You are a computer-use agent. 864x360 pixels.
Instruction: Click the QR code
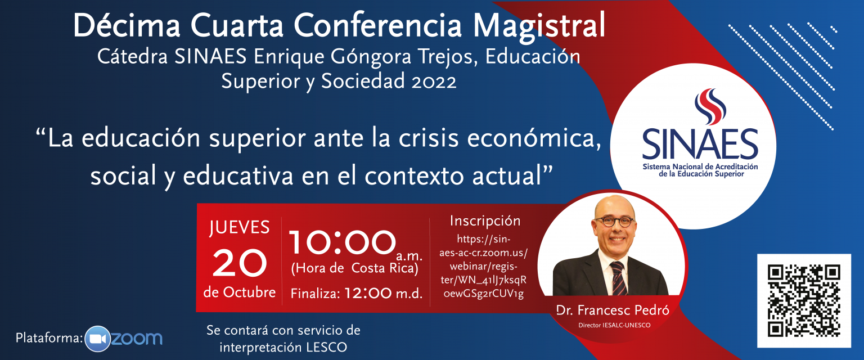click(804, 300)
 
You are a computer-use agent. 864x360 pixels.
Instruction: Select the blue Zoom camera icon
click(98, 339)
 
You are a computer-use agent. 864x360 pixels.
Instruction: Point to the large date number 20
click(240, 263)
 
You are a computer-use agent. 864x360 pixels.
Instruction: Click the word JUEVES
click(239, 228)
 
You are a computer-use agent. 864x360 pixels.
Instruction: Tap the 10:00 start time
click(343, 242)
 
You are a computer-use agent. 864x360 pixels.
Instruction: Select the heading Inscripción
click(485, 221)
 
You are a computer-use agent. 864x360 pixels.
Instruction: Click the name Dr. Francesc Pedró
click(613, 310)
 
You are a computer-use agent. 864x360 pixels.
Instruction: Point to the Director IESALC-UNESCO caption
click(614, 325)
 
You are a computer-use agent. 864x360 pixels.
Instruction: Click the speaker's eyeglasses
click(614, 222)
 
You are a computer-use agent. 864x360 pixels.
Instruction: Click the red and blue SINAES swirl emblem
click(710, 106)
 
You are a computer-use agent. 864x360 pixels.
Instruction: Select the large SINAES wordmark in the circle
click(700, 145)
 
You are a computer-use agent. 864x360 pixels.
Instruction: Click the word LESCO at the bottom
click(327, 347)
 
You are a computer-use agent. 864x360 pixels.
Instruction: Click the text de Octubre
click(240, 292)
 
